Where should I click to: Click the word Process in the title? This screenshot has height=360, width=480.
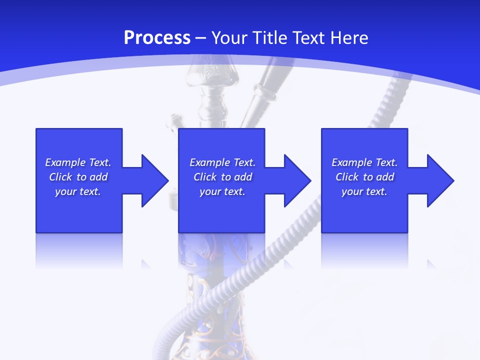[157, 38]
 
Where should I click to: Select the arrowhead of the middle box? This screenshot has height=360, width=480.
[297, 180]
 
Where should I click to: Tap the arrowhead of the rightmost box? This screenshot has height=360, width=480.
[440, 180]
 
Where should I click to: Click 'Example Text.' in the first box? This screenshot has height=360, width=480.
[78, 162]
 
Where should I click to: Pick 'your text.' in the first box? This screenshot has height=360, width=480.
[78, 191]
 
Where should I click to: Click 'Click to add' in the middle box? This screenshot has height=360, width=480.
[222, 177]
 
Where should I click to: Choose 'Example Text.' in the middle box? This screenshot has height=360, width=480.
[222, 162]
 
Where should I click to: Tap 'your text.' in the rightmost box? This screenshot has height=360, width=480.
[364, 191]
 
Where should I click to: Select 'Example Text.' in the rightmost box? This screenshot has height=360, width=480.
[364, 162]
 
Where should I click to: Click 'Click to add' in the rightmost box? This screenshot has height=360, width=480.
[364, 177]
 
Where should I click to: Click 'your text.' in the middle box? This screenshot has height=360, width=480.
[222, 191]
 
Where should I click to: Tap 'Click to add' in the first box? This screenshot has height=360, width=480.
[78, 177]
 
